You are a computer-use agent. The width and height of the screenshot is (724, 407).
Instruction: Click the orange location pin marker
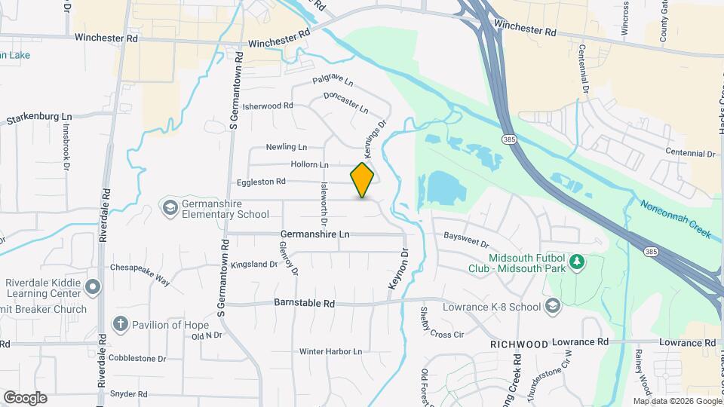pos(363,179)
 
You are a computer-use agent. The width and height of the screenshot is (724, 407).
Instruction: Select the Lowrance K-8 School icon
pos(553,306)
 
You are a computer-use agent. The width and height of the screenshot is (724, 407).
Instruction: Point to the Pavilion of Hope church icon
pos(120,324)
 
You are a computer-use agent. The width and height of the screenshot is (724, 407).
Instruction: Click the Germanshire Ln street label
pos(315,234)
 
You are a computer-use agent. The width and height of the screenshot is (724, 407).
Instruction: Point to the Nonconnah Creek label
pos(676,219)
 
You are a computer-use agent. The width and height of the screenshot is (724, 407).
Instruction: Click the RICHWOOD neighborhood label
pos(519,344)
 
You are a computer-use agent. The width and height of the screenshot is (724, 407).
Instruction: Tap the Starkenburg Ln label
pos(38,119)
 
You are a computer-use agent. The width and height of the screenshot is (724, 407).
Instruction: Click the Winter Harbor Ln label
pos(331,351)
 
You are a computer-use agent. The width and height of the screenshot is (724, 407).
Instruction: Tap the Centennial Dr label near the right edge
pos(690,154)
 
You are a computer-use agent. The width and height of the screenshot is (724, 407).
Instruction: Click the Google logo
pos(24,398)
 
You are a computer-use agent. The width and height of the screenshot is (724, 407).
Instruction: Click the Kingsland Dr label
pos(254,265)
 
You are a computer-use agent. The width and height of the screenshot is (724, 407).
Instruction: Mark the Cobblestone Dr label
pos(137,358)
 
